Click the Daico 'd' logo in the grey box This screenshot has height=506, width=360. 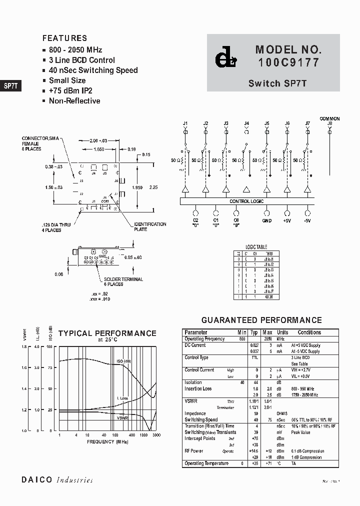tap(226, 58)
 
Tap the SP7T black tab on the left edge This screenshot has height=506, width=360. tap(10, 85)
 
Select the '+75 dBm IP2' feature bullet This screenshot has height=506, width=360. tap(70, 90)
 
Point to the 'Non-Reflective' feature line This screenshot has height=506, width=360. tap(74, 100)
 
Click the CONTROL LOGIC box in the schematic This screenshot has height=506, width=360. tap(247, 201)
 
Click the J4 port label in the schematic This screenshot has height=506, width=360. tap(246, 123)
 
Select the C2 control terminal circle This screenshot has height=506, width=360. tap(195, 212)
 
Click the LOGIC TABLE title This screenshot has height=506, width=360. tap(256, 247)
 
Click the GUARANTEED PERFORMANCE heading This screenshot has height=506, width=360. tap(261, 320)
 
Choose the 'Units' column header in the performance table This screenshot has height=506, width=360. tap(282, 332)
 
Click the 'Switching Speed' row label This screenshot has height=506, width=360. tap(201, 420)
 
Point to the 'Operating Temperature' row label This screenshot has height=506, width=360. tap(206, 463)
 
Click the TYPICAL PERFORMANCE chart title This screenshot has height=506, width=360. tap(107, 333)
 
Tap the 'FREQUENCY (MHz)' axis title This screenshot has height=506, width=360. tap(107, 442)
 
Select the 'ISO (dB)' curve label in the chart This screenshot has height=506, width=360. tap(123, 361)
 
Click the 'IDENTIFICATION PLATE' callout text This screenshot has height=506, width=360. tap(150, 226)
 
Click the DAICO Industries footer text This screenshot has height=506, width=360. tap(57, 480)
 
